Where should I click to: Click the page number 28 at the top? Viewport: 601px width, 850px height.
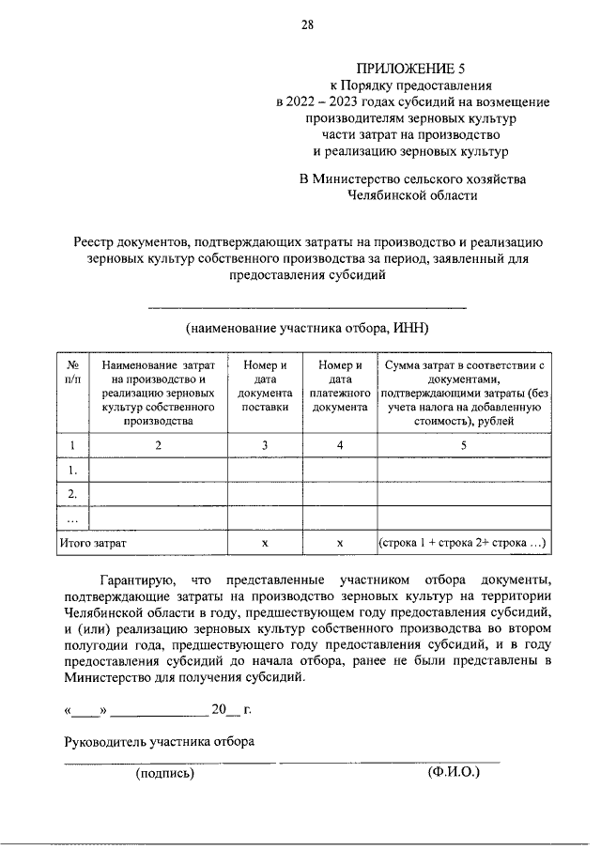click(x=306, y=25)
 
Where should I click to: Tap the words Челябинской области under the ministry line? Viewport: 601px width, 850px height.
click(x=412, y=195)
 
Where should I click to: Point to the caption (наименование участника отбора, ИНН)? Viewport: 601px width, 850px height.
click(x=307, y=328)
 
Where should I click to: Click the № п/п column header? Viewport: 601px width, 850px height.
click(x=73, y=372)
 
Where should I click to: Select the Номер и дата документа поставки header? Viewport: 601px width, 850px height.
click(x=266, y=386)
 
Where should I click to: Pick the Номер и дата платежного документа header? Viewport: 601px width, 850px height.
click(x=340, y=386)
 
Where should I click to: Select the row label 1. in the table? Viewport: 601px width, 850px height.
click(x=73, y=469)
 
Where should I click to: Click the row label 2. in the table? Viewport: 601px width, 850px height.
click(x=73, y=493)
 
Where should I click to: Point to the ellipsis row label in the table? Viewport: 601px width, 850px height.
click(x=73, y=518)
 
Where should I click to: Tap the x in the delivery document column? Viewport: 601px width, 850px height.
click(x=266, y=543)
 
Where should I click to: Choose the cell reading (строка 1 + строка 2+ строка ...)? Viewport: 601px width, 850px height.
click(x=463, y=543)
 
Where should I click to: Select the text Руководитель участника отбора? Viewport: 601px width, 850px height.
click(x=159, y=740)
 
